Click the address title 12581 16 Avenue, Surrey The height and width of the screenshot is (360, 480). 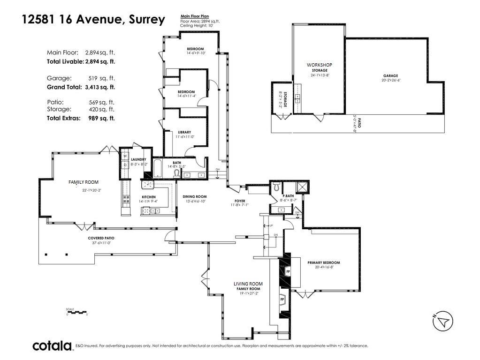94,20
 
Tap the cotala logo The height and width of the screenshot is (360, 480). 52,346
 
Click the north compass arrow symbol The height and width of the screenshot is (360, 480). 442,321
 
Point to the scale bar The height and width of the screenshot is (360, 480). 77,312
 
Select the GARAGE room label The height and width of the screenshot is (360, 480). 390,75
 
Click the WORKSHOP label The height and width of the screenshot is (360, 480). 320,65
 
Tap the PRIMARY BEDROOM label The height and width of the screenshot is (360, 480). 324,262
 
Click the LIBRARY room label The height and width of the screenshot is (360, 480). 184,132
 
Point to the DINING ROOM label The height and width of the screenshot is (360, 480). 195,196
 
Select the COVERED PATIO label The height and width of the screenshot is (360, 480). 101,238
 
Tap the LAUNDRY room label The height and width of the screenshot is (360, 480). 138,159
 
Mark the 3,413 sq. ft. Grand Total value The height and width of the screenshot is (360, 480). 99,87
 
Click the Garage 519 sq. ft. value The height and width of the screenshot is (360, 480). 101,78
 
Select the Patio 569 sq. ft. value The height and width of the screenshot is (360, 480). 101,102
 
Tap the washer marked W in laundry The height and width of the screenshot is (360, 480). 125,156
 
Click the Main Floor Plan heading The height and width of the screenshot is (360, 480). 194,16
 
